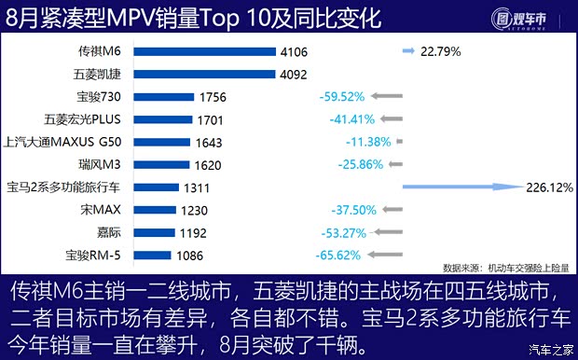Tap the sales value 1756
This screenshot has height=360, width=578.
pyautogui.click(x=211, y=97)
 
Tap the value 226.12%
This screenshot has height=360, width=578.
pyautogui.click(x=551, y=187)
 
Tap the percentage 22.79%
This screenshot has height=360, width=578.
pyautogui.click(x=441, y=52)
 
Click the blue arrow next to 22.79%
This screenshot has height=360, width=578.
pyautogui.click(x=408, y=52)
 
